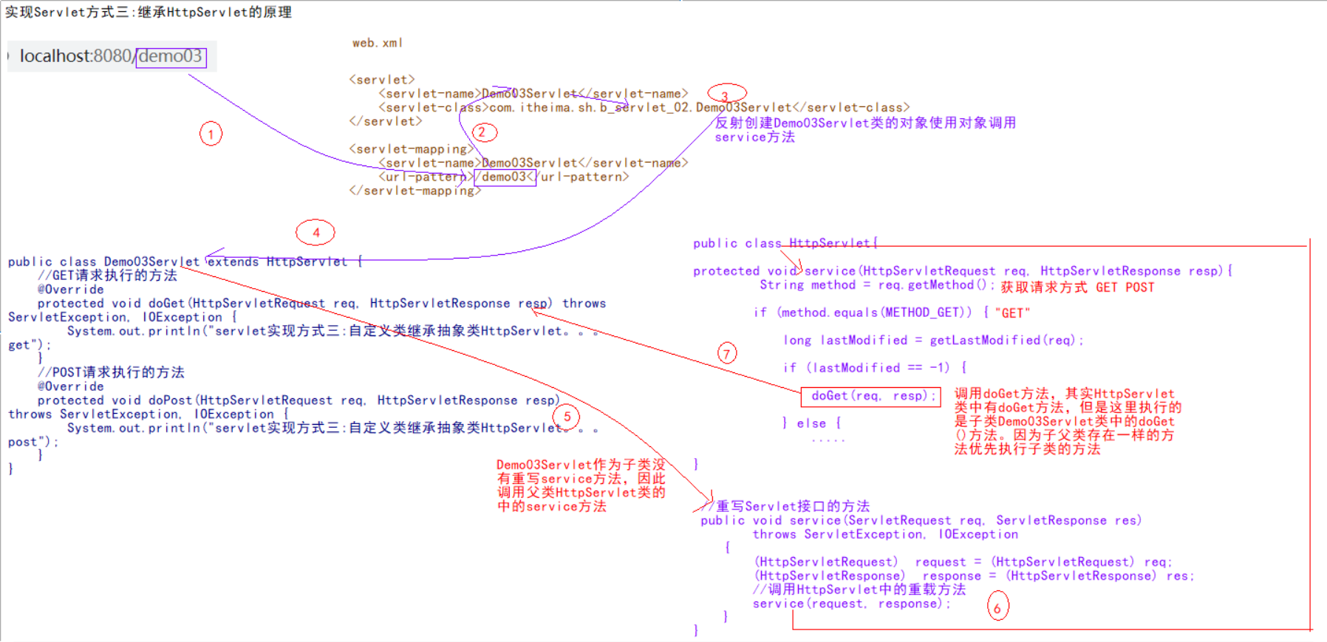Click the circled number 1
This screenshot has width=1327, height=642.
(x=211, y=134)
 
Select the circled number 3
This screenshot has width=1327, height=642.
(x=726, y=95)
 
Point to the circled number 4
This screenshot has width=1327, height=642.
(x=315, y=233)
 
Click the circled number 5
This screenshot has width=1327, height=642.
(x=567, y=417)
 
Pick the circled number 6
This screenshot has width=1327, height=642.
(x=997, y=607)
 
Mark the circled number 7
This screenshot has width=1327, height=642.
(x=727, y=354)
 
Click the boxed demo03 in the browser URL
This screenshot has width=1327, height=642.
(x=171, y=56)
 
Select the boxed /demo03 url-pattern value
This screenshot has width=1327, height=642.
(x=505, y=177)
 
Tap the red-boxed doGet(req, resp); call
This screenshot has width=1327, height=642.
(x=870, y=397)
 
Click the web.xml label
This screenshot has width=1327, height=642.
(x=377, y=43)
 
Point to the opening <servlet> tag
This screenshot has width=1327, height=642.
(x=381, y=80)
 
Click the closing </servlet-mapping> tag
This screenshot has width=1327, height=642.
(x=415, y=191)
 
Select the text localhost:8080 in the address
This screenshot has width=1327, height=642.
(x=75, y=56)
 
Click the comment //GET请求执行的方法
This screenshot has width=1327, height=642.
(x=107, y=276)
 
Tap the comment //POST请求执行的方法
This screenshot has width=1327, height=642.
(x=111, y=372)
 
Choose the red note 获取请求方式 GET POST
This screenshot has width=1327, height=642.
(x=1077, y=287)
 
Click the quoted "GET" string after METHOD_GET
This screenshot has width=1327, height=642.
(x=1012, y=313)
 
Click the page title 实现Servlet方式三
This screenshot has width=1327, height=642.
(x=148, y=12)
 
